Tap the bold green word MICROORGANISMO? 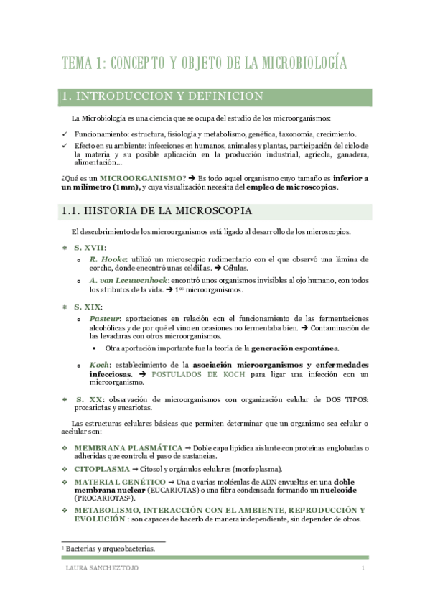point(144,177)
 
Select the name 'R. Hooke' point(108,259)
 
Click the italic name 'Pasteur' point(105,318)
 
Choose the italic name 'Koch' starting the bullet point(100,365)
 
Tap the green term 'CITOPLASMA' point(103,468)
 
